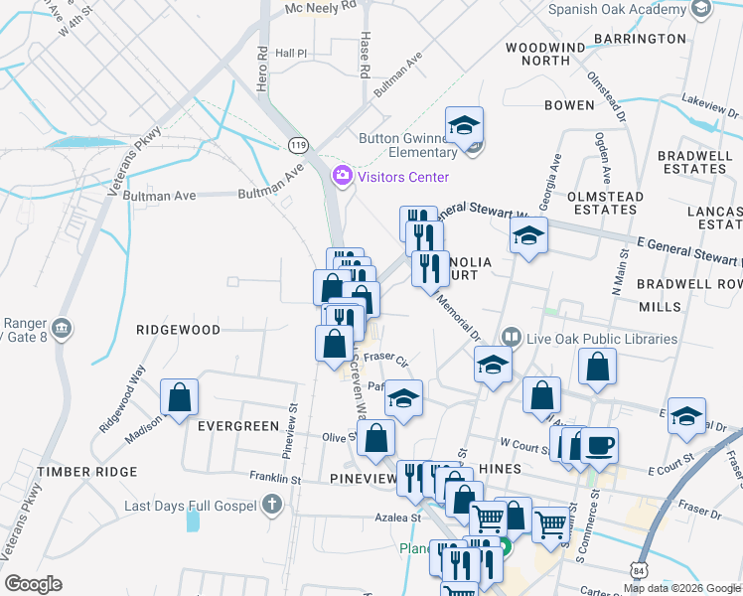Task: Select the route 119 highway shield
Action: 298,145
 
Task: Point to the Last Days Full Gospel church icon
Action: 273,506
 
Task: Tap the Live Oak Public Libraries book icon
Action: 512,339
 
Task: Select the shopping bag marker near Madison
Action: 179,397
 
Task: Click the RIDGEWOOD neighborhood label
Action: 179,329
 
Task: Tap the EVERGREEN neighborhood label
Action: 238,426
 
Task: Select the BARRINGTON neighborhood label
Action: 640,39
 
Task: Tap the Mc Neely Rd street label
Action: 320,6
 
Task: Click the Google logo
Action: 33,584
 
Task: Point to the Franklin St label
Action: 275,478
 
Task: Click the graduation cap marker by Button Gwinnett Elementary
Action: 464,126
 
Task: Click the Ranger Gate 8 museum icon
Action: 61,329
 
